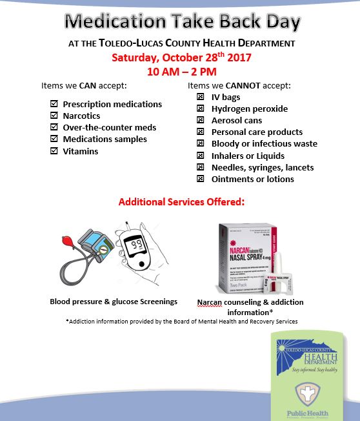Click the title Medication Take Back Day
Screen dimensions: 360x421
(x=183, y=22)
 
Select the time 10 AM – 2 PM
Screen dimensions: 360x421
(x=181, y=70)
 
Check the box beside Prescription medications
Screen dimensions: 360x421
(x=54, y=104)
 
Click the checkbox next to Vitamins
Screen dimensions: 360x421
(x=54, y=151)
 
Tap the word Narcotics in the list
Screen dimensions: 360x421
(x=81, y=116)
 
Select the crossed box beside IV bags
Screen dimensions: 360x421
(x=200, y=97)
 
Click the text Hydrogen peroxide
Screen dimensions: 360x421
(x=250, y=108)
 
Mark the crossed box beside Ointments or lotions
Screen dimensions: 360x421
(x=200, y=179)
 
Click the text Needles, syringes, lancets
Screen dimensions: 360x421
(x=263, y=167)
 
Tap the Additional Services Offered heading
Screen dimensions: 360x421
(x=181, y=202)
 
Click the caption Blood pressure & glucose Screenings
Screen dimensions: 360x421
(x=114, y=301)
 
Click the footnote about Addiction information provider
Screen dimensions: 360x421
(x=181, y=321)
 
